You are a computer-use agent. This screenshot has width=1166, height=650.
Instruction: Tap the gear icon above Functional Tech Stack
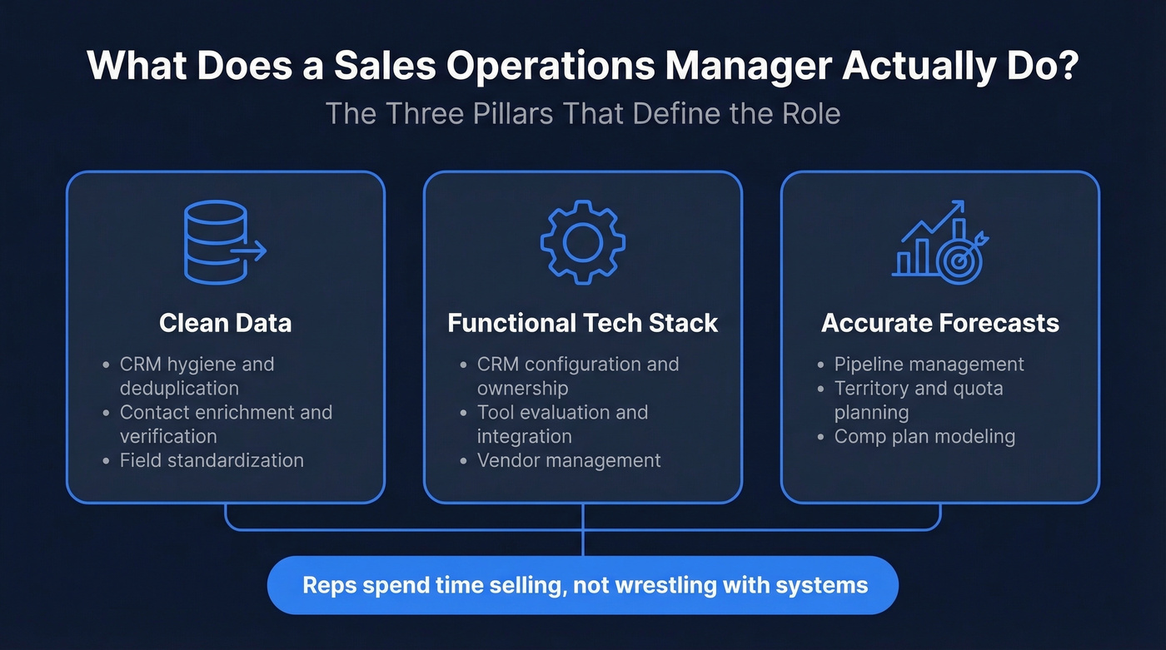point(582,241)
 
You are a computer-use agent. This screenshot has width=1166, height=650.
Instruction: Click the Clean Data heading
point(225,323)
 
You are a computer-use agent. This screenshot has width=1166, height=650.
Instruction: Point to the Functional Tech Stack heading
point(582,323)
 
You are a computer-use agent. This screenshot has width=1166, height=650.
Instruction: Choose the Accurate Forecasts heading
point(940,323)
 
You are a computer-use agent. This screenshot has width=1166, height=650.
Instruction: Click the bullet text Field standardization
point(212,460)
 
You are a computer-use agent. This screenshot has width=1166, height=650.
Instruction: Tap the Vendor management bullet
point(569,460)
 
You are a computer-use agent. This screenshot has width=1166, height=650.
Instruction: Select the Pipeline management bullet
point(929,365)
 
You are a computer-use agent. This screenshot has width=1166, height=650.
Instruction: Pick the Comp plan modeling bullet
point(924,437)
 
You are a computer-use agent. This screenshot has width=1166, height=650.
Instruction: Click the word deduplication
point(179,389)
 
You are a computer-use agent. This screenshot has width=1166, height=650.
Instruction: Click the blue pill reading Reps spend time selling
point(582,585)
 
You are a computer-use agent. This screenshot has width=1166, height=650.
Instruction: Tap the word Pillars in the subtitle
point(511,113)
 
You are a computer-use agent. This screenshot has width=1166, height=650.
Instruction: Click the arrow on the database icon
point(249,251)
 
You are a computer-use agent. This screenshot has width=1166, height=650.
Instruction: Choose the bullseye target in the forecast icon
point(960,259)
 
